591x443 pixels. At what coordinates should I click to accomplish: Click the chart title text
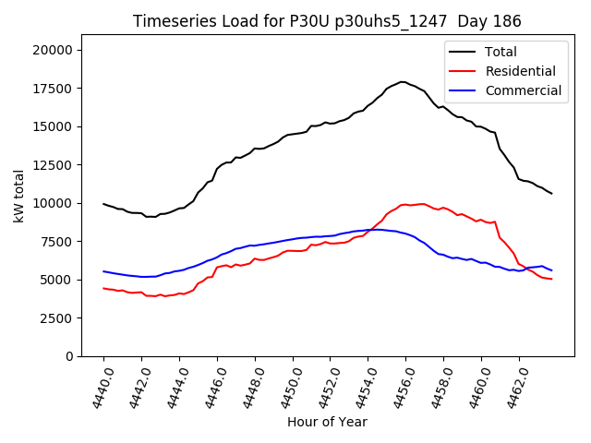pos(327,21)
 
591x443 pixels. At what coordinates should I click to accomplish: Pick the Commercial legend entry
pos(523,90)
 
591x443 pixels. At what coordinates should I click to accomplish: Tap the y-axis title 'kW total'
pos(18,196)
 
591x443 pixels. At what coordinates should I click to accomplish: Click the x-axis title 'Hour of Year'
pos(327,422)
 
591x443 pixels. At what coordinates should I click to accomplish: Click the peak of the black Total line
pos(403,81)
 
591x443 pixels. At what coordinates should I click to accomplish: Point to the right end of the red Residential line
pos(551,279)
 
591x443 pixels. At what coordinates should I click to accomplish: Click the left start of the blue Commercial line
pos(103,271)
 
